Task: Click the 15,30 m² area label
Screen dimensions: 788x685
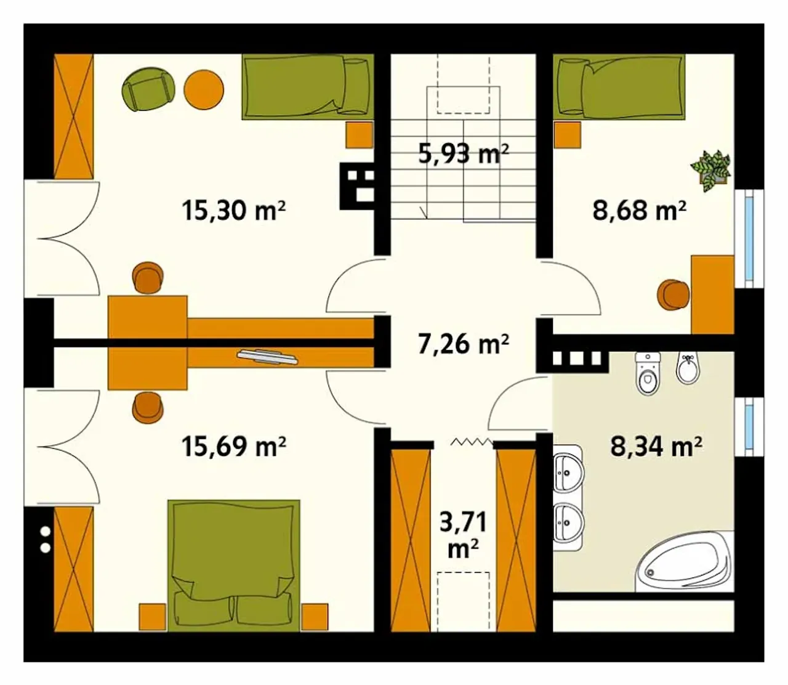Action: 234,211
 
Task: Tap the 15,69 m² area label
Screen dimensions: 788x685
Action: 234,447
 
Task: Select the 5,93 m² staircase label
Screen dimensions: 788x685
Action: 464,153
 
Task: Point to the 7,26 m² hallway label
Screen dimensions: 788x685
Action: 464,344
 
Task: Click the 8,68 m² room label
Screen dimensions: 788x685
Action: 640,211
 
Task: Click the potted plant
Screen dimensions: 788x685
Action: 710,171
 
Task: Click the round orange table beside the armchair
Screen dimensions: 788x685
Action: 204,89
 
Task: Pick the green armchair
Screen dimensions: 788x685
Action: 148,89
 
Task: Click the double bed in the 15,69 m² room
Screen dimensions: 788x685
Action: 233,565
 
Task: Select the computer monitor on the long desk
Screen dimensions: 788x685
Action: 267,357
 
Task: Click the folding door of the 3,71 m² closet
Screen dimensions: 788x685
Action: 472,442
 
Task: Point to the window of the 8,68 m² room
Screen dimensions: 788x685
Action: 749,238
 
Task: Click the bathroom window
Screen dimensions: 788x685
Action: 749,426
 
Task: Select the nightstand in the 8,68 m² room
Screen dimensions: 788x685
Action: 568,135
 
